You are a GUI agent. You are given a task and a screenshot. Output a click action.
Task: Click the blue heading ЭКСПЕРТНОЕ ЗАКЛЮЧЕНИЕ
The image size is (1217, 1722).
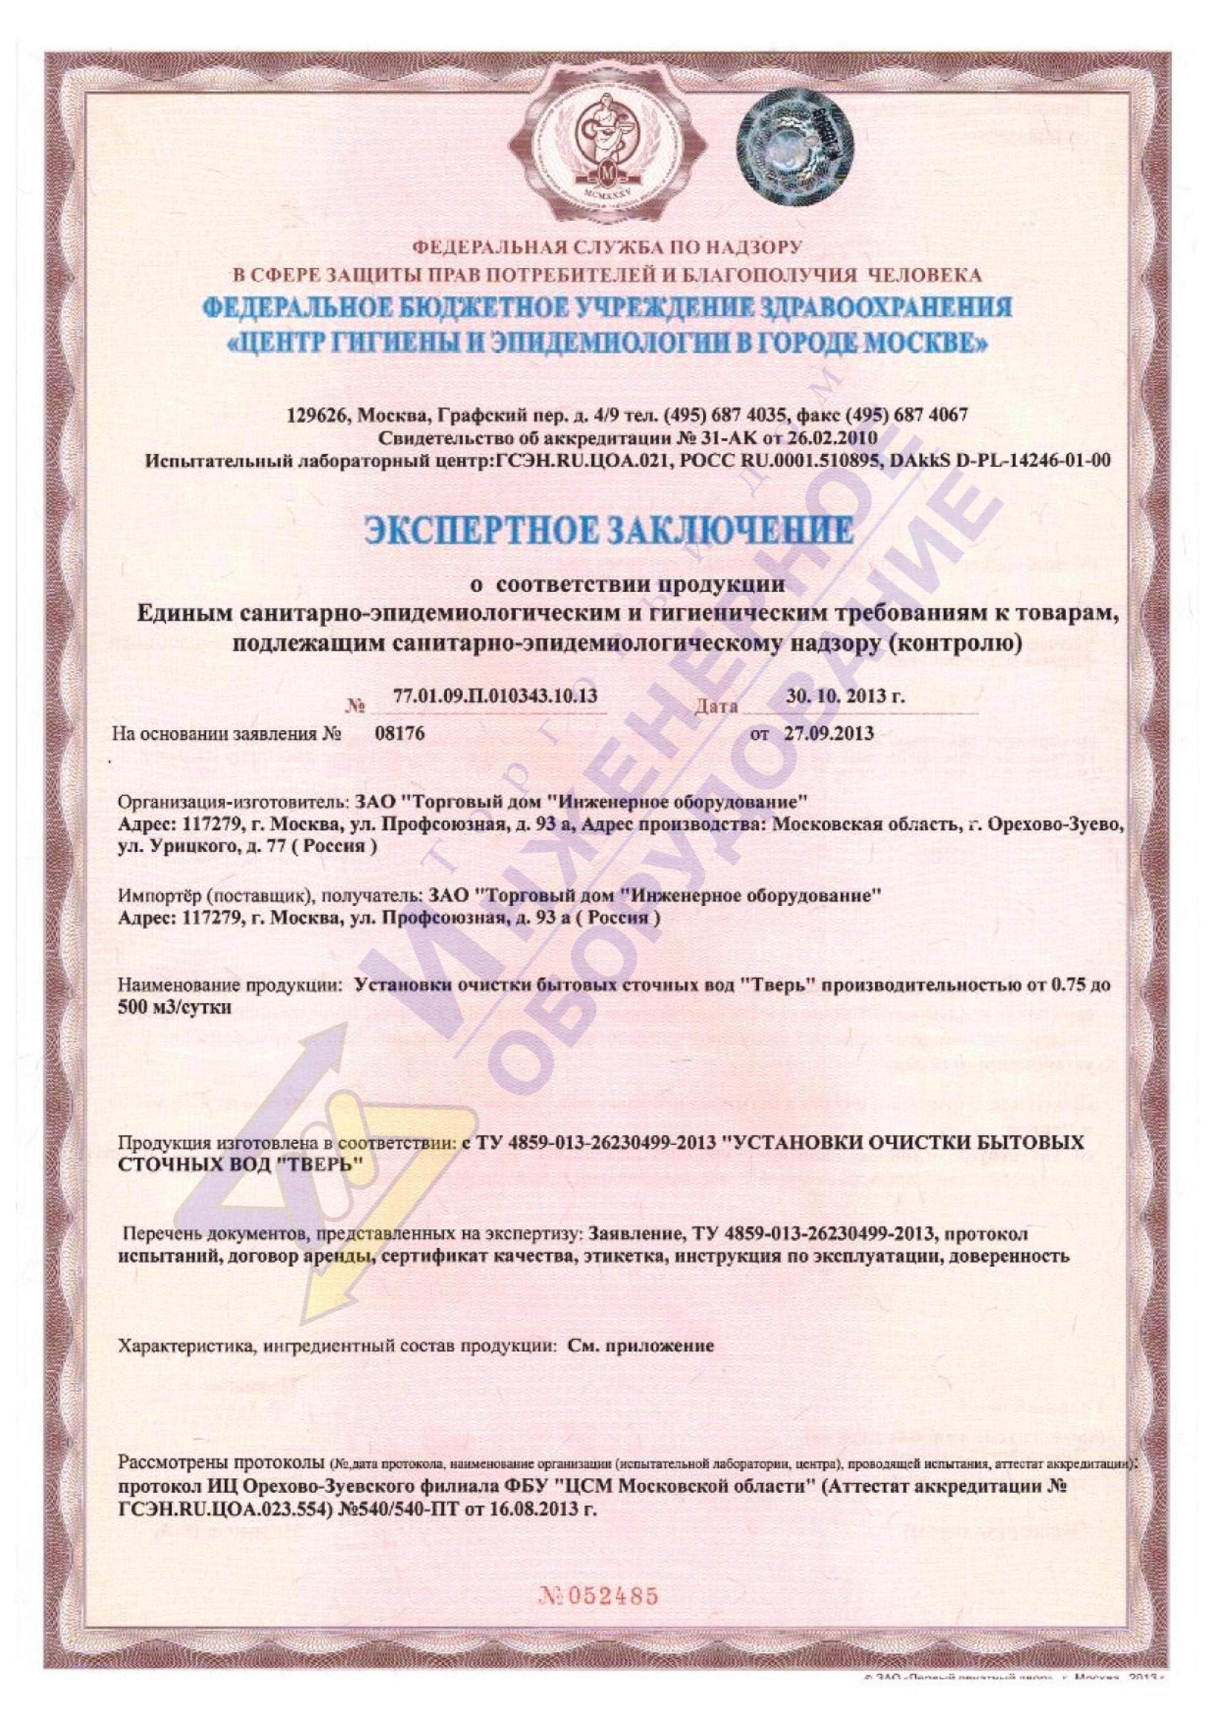pyautogui.click(x=608, y=531)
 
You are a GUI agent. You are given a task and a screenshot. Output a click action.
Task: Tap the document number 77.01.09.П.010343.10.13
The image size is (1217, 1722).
pyautogui.click(x=495, y=696)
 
